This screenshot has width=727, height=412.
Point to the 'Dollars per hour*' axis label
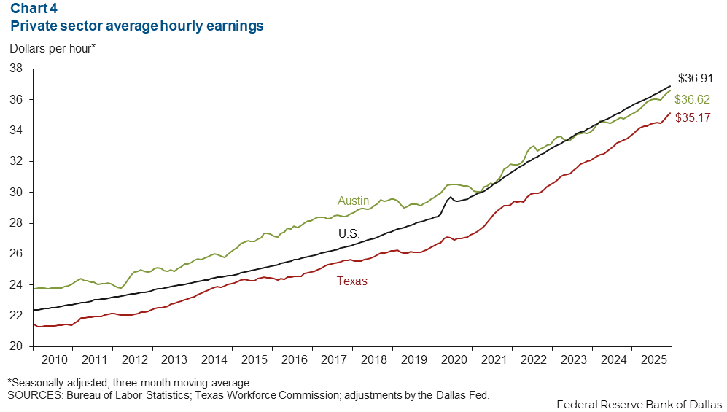(x=52, y=49)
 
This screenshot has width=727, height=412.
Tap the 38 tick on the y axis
(x=16, y=69)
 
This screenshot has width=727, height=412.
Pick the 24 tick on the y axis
(x=16, y=285)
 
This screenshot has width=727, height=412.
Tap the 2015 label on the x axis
(x=253, y=359)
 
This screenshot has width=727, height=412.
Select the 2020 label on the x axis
(x=454, y=359)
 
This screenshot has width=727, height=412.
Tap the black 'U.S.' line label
(x=349, y=234)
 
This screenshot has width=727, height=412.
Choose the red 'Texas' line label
(x=351, y=281)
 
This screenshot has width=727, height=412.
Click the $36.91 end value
(x=695, y=78)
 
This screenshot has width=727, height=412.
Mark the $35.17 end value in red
(x=693, y=117)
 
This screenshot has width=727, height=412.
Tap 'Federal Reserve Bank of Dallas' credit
(x=639, y=404)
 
